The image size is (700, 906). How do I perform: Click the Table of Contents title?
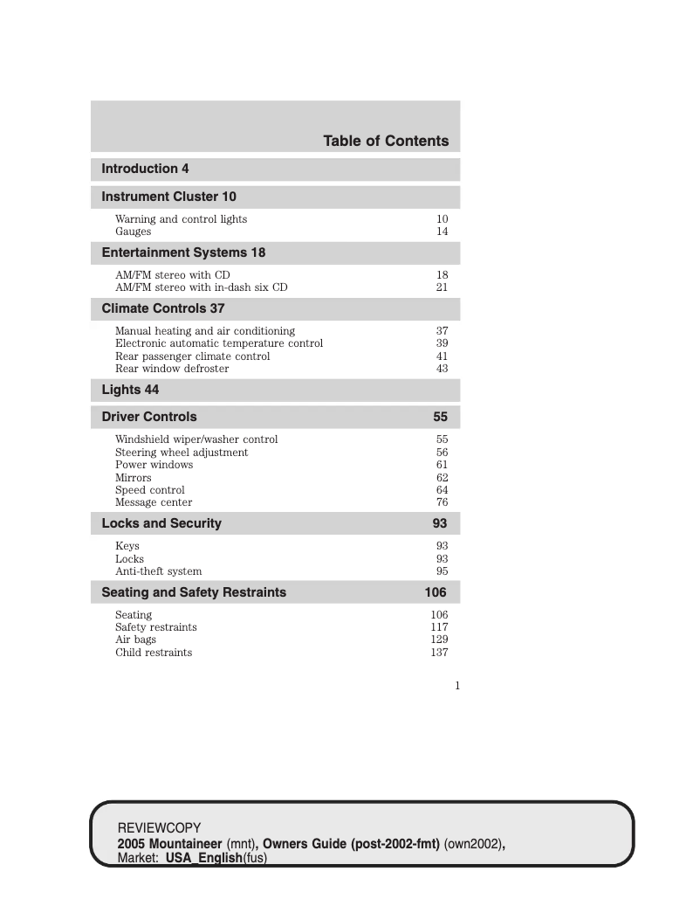tap(386, 142)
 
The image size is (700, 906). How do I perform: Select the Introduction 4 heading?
tap(145, 169)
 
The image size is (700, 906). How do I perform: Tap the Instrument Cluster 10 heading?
tap(168, 197)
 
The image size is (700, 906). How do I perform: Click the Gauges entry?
tap(133, 232)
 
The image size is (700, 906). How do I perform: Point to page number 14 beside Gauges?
tap(443, 232)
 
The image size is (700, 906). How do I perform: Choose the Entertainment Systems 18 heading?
tap(183, 252)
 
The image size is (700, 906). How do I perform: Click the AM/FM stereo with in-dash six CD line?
tap(201, 287)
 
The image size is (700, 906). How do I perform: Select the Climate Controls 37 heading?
tap(163, 308)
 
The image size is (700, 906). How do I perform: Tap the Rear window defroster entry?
tap(172, 369)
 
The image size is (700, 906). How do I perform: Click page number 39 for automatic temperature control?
tap(443, 343)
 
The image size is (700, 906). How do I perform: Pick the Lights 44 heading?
tap(130, 390)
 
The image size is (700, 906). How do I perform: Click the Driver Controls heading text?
tap(149, 417)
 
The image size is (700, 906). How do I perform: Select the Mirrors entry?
tap(133, 478)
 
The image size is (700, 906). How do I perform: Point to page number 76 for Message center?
tap(443, 502)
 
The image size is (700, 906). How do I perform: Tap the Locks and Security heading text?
tap(161, 523)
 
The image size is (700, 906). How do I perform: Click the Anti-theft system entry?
tap(158, 571)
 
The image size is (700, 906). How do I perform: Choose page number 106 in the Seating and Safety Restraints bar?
tap(436, 592)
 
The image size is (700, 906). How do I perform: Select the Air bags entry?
tap(135, 640)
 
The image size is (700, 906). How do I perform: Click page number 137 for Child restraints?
tap(439, 653)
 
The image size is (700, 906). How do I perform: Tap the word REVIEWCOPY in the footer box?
tap(159, 827)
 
